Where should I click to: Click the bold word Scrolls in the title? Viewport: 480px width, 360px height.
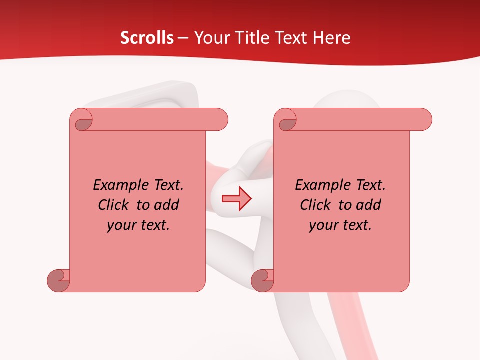tap(147, 38)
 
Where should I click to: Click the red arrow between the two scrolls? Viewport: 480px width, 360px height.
tap(236, 199)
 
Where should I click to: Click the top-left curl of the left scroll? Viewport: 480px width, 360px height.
tap(83, 121)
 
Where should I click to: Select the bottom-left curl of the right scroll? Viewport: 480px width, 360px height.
tap(263, 280)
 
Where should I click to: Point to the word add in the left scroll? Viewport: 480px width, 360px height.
tap(166, 205)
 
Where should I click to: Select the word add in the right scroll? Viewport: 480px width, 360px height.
tap(368, 205)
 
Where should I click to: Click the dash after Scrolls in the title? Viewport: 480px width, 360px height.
tap(183, 38)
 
